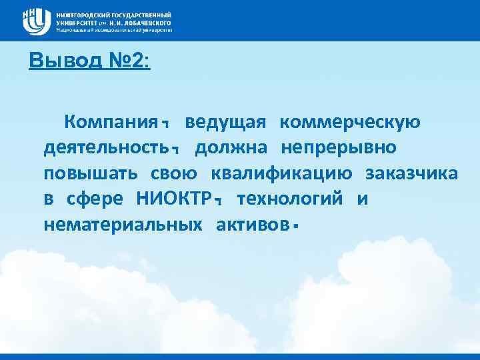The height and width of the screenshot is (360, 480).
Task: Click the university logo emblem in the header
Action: [37, 21]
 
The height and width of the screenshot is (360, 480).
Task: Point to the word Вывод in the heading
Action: [59, 62]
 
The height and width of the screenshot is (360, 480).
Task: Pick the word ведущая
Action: [226, 123]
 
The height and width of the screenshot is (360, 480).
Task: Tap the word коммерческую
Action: [350, 123]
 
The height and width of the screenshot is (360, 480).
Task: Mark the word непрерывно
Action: [339, 148]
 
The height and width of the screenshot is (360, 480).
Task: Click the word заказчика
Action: [411, 174]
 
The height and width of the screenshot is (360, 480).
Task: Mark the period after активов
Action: [293, 229]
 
